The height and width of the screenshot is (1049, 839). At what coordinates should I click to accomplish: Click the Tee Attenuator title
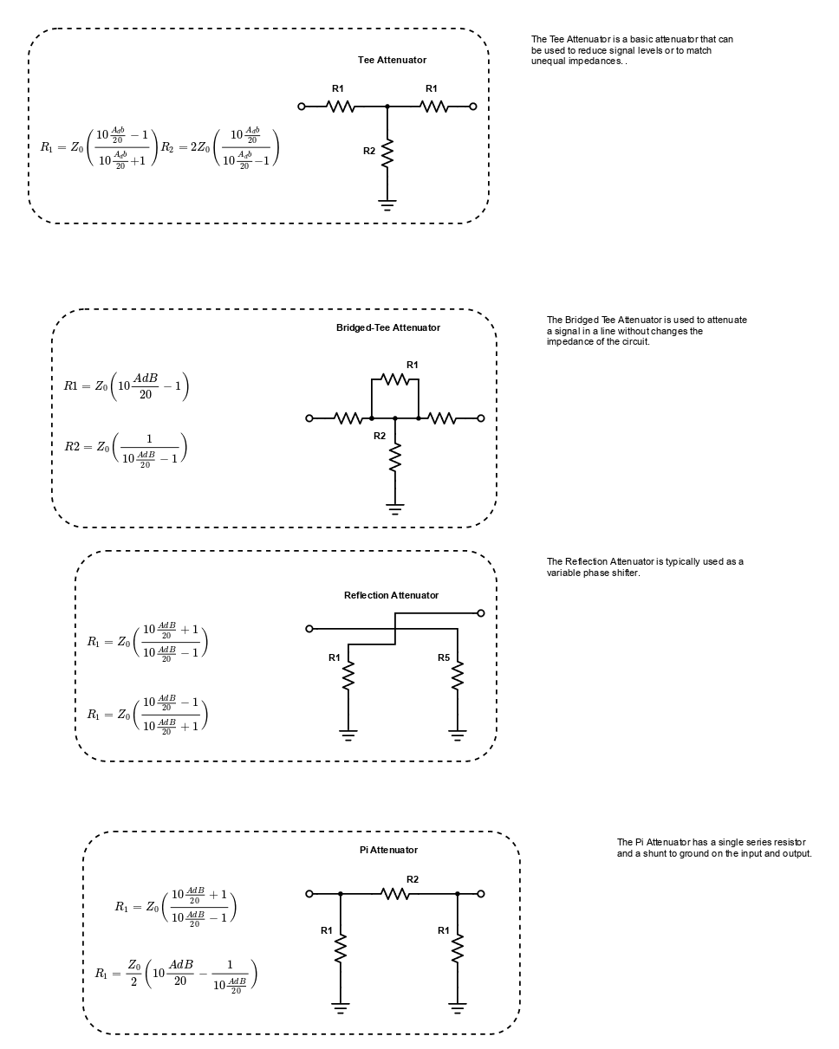tap(392, 60)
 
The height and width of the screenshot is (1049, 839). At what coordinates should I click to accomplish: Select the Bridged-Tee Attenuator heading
tap(387, 327)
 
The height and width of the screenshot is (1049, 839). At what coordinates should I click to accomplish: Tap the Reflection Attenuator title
tap(391, 595)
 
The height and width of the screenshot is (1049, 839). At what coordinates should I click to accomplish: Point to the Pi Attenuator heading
tap(388, 850)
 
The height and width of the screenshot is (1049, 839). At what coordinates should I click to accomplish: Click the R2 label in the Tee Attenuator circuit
tap(369, 151)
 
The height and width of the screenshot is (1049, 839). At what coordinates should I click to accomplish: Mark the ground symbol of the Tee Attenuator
tap(387, 204)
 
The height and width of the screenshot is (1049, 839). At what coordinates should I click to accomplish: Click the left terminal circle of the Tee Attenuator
tap(302, 107)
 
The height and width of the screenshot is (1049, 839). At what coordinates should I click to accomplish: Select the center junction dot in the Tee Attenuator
tap(387, 107)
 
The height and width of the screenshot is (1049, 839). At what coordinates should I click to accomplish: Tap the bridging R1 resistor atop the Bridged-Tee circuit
tap(394, 379)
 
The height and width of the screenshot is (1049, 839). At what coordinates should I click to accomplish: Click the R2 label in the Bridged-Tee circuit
tap(380, 436)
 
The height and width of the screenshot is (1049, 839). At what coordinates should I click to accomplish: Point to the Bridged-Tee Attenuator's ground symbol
tap(395, 509)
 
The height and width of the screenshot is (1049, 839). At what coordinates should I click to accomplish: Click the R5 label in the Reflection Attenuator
tap(444, 657)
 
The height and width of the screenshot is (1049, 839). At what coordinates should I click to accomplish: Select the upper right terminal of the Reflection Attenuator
tap(481, 613)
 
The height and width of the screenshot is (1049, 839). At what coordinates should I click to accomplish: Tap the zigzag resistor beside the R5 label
tap(458, 676)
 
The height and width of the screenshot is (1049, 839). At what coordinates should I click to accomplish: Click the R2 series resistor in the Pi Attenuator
tap(394, 893)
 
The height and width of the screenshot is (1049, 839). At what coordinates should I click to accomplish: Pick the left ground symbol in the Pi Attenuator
tap(341, 1008)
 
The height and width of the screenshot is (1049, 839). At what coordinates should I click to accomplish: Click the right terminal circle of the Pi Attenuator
tap(481, 893)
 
